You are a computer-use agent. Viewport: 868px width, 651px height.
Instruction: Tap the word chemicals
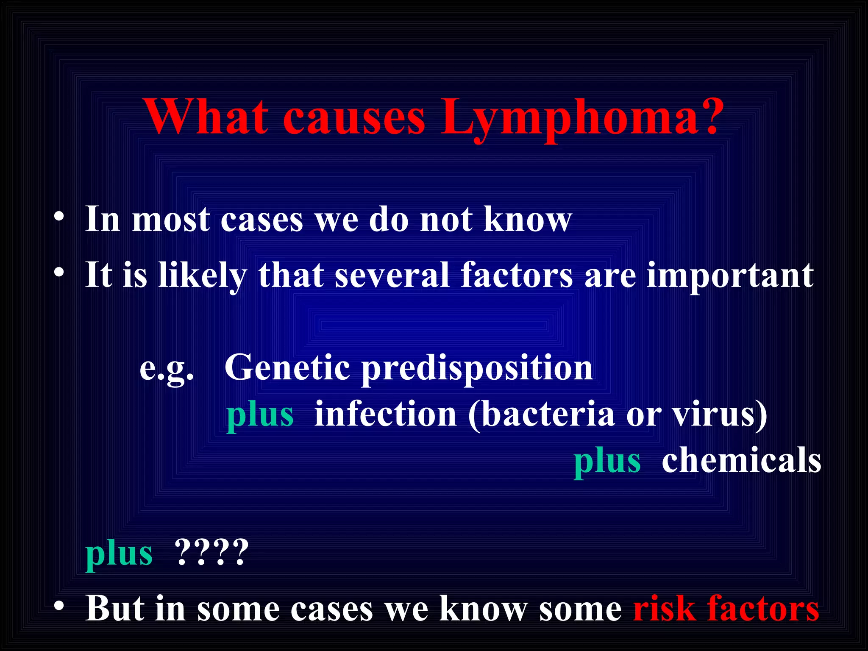tap(741, 461)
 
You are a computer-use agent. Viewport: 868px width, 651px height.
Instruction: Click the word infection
tap(385, 414)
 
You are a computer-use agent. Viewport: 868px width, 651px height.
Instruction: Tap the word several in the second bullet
tap(392, 275)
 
